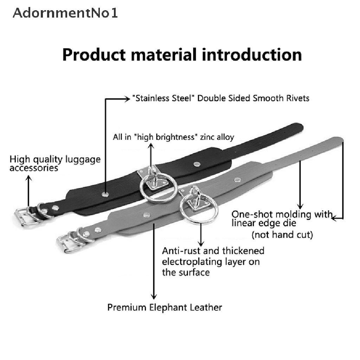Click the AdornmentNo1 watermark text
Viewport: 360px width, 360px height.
(65, 13)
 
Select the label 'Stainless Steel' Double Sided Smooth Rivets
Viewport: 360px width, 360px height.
(221, 98)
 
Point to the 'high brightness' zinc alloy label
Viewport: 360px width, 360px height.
(173, 137)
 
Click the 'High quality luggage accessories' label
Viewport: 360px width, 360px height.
(55, 163)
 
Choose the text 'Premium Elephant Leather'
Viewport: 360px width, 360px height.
(165, 307)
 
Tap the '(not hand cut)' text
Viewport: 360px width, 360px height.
(282, 234)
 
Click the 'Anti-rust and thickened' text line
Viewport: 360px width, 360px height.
(213, 251)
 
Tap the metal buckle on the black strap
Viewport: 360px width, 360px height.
(25, 217)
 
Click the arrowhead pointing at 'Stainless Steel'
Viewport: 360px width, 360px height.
(127, 99)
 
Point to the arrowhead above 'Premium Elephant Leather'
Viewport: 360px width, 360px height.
(154, 296)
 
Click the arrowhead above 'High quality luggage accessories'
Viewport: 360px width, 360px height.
(28, 178)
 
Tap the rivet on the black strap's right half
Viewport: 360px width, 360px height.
(197, 164)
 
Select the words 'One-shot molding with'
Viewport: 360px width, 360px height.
(282, 214)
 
